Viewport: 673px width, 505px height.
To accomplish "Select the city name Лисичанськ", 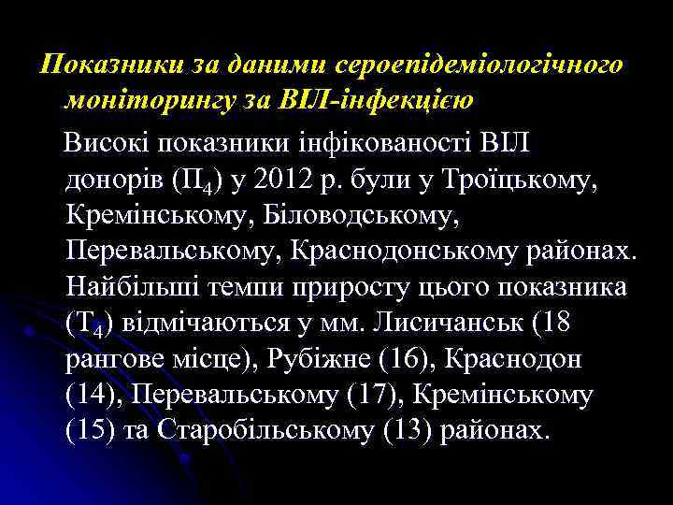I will click(x=448, y=323).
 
